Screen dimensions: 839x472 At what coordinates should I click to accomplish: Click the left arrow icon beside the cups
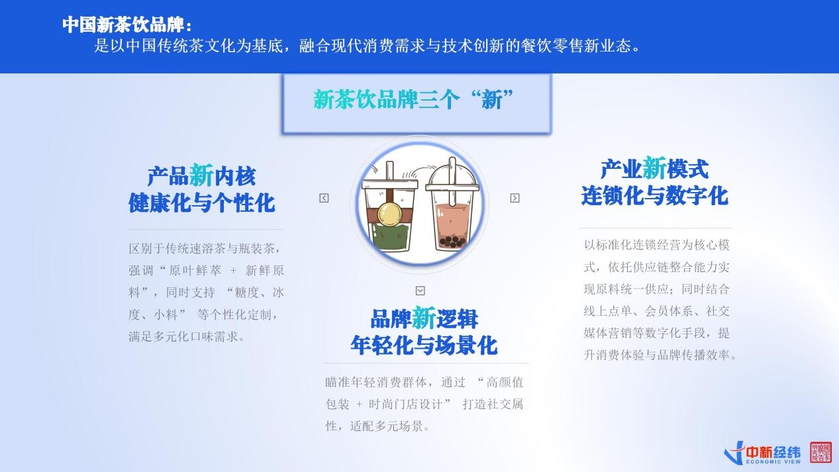pos(324,198)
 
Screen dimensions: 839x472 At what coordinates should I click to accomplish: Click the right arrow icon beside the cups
pos(515,198)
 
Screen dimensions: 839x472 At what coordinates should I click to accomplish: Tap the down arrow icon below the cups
pos(420,291)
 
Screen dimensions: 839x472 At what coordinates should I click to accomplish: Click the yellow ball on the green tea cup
pos(389,214)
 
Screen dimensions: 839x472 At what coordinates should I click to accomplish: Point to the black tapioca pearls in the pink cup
pos(452,242)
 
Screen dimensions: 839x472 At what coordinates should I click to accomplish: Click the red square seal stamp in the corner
pos(821,451)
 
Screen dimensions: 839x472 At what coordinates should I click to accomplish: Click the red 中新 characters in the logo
pos(760,452)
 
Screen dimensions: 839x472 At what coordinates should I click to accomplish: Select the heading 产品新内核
pos(201,176)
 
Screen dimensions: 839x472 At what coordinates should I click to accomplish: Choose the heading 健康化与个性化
pos(201,203)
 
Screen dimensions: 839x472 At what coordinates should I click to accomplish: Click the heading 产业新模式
pos(655,169)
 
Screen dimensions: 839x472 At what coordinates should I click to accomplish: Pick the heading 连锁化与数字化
pos(655,196)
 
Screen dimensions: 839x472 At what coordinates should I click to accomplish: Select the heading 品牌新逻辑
pos(424,319)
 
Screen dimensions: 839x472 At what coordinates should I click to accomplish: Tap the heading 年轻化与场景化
pos(424,346)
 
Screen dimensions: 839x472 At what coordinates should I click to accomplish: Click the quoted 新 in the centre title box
pos(492,100)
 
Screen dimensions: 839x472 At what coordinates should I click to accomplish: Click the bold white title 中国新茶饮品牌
pos(123,24)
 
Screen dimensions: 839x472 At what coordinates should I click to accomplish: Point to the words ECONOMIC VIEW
pos(773,462)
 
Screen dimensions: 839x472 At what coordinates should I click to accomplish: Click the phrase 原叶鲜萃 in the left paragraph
pos(195,270)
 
